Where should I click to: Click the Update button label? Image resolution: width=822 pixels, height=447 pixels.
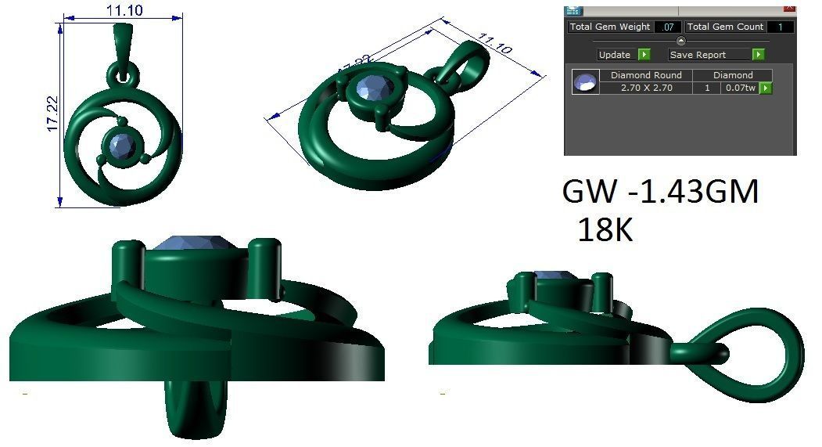(615, 55)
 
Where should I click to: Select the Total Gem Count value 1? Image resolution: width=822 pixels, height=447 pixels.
(780, 27)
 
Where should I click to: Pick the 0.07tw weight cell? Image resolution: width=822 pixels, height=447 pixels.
(740, 88)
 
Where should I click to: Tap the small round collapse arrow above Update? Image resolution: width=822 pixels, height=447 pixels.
(680, 41)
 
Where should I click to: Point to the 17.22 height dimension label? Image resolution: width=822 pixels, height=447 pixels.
(52, 114)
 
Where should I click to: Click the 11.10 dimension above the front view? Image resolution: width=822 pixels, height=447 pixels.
(123, 9)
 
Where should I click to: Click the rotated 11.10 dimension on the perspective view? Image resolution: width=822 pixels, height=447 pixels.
(494, 45)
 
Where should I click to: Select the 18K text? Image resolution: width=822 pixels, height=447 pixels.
(605, 229)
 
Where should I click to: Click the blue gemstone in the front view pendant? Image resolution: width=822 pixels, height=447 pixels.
(122, 145)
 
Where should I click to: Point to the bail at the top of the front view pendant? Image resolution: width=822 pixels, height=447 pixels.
(124, 43)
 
